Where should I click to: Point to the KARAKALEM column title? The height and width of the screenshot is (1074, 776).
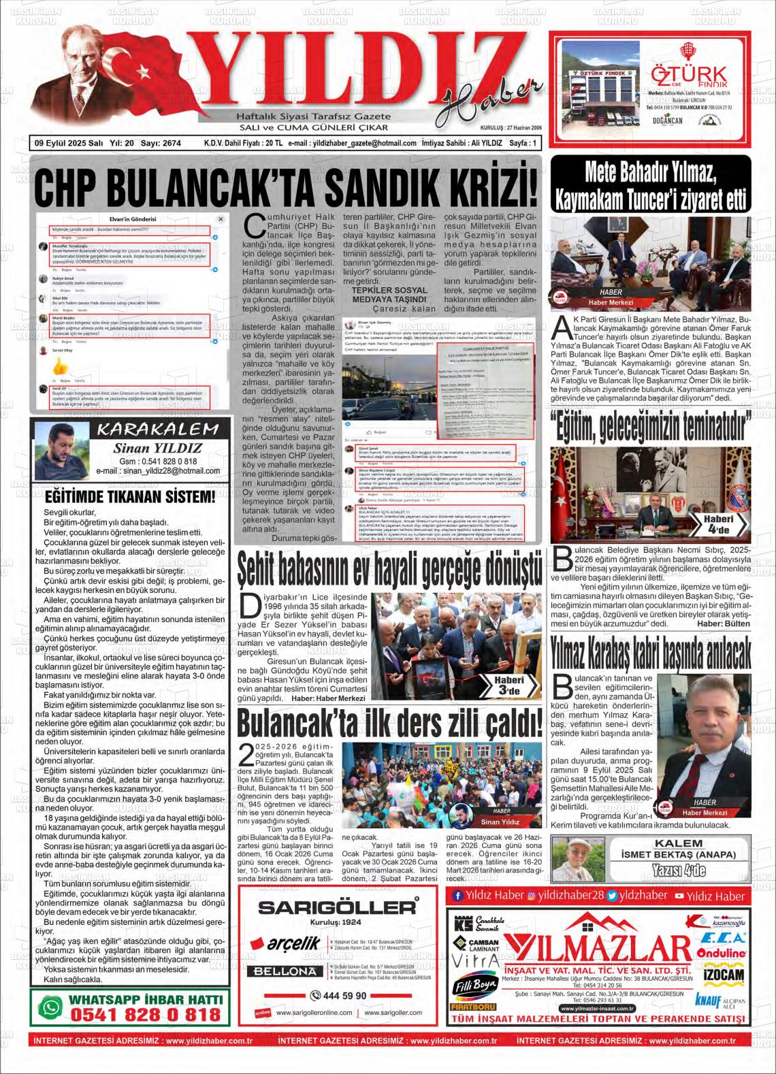click(158, 429)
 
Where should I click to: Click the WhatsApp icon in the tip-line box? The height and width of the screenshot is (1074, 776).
click(50, 1007)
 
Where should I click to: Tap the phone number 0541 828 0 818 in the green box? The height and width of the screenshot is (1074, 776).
click(146, 1014)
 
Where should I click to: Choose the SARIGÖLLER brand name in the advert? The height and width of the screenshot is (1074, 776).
click(336, 907)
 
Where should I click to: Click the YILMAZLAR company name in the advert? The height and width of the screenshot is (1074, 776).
click(598, 948)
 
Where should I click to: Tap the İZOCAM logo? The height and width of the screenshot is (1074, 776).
click(723, 975)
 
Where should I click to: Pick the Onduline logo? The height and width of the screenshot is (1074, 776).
click(721, 954)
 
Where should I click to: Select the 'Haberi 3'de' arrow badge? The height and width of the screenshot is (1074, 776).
click(508, 685)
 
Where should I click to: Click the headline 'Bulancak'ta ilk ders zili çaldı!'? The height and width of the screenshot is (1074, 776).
click(389, 723)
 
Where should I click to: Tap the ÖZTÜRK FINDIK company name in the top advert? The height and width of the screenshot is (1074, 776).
click(688, 76)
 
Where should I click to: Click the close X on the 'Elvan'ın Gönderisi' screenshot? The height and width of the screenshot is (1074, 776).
click(221, 219)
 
